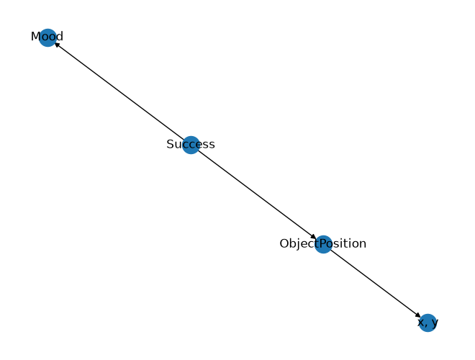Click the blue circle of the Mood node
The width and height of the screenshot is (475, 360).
pyautogui.click(x=48, y=37)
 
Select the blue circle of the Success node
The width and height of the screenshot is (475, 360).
pyautogui.click(x=191, y=145)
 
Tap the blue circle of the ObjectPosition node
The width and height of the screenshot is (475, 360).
pyautogui.click(x=324, y=244)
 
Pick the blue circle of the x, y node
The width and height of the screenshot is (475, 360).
pyautogui.click(x=427, y=323)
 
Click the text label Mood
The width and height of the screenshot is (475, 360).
pyautogui.click(x=47, y=37)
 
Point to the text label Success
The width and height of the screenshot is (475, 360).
pyautogui.click(x=191, y=144)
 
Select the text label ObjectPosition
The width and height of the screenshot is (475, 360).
pyautogui.click(x=323, y=244)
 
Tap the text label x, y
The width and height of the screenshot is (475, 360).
pyautogui.click(x=427, y=323)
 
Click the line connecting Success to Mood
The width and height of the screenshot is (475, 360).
pyautogui.click(x=119, y=91)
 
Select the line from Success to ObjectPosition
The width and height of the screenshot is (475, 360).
pyautogui.click(x=257, y=194)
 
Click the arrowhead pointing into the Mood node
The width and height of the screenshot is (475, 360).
pyautogui.click(x=57, y=44)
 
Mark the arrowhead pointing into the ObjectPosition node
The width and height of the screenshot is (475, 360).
pyautogui.click(x=314, y=238)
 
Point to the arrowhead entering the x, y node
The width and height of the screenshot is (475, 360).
pyautogui.click(x=418, y=315)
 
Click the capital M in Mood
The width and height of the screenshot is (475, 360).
pyautogui.click(x=35, y=37)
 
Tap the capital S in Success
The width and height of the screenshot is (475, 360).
pyautogui.click(x=170, y=144)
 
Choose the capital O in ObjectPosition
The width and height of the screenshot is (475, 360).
pyautogui.click(x=284, y=243)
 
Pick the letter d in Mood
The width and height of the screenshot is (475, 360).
pyautogui.click(x=60, y=37)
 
